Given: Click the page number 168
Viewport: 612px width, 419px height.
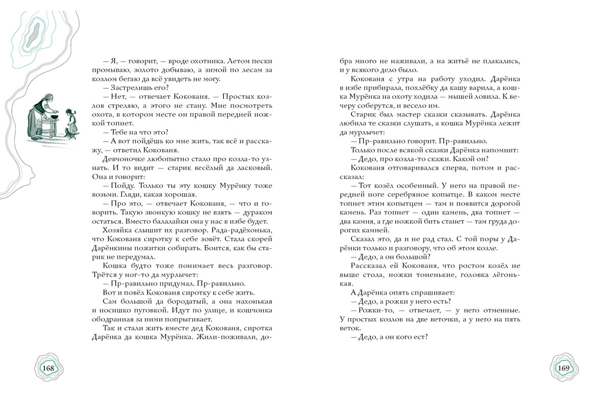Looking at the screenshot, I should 48,368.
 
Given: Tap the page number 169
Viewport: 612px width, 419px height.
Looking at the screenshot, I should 564,368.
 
